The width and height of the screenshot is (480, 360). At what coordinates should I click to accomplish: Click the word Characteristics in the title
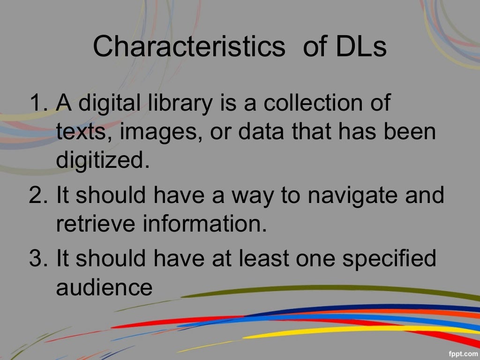pos(189,47)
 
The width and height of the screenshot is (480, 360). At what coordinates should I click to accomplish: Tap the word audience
pos(104,287)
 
